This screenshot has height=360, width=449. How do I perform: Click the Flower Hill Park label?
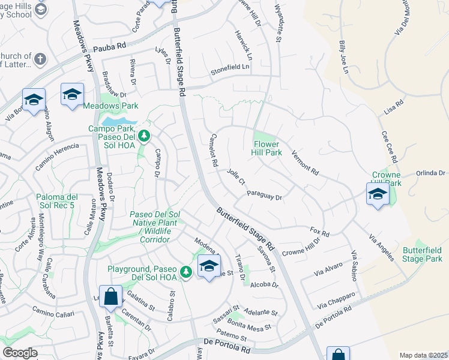point(267,148)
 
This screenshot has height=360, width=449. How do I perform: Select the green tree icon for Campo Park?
point(143,136)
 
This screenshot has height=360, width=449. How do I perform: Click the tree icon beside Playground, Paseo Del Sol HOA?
point(186,272)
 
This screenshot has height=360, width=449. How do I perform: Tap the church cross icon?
point(40,59)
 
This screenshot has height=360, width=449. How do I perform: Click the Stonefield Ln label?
point(229,69)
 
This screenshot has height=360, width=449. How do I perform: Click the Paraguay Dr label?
point(264,195)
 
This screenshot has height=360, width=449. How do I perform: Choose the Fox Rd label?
point(320,232)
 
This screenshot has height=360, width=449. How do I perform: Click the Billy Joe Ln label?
point(343,58)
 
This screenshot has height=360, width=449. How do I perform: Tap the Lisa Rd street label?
point(393,109)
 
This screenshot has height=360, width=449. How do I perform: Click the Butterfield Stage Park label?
point(422,254)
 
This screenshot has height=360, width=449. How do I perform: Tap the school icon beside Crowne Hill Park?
point(378,194)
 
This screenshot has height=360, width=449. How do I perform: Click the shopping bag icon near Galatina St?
point(111,296)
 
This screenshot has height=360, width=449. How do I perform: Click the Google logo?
point(20,353)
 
